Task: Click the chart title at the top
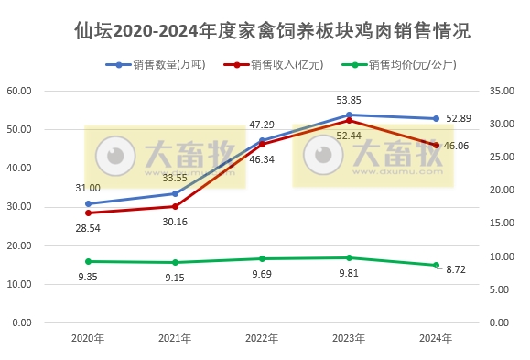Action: tap(272, 30)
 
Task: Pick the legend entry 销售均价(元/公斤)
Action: tap(411, 65)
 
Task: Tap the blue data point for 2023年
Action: tap(349, 115)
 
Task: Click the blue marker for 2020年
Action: tap(88, 203)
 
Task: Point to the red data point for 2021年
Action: tap(175, 206)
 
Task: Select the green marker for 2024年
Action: tap(436, 265)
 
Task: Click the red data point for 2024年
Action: tap(436, 145)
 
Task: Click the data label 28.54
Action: tap(88, 227)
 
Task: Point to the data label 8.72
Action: tap(436, 281)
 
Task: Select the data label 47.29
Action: tap(263, 124)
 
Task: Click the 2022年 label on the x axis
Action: tap(262, 339)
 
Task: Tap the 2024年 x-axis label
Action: tap(436, 339)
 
